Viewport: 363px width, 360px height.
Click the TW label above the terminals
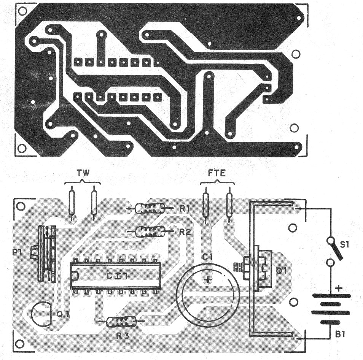tap(83, 173)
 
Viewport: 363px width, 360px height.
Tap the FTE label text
tap(217, 173)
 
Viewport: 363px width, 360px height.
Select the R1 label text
tap(185, 209)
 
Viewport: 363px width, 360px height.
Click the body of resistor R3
tap(121, 321)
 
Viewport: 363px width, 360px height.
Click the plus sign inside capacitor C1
tap(207, 279)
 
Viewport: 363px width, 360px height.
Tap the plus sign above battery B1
tap(339, 288)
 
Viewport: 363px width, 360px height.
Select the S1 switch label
tap(345, 244)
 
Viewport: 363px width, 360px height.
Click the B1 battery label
tap(340, 334)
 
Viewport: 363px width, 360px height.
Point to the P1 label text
tap(17, 252)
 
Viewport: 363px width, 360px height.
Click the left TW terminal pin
tap(72, 203)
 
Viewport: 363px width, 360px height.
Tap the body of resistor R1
tap(150, 208)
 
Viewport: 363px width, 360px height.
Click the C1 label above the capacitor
tap(207, 257)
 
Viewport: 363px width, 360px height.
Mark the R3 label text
tap(123, 336)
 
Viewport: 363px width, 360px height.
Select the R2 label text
tap(185, 232)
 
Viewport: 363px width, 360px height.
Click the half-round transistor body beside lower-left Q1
tap(41, 314)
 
